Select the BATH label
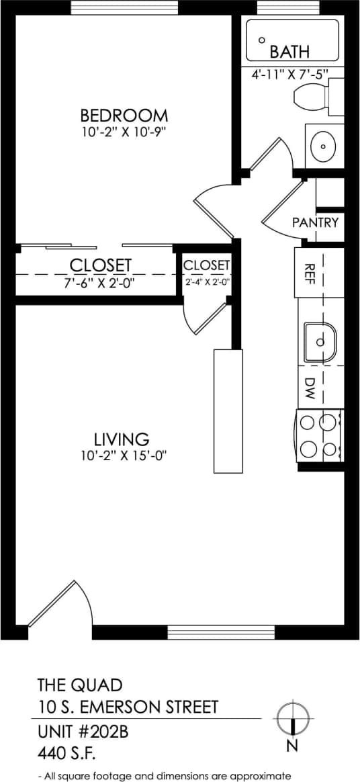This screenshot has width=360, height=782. tap(289, 52)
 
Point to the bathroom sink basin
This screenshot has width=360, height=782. tap(325, 145)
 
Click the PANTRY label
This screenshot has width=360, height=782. tap(315, 222)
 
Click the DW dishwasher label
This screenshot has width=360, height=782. tap(310, 388)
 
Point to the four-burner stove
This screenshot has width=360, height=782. tap(318, 435)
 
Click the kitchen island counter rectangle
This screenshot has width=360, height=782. tap(227, 410)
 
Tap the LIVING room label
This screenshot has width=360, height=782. tap(121, 439)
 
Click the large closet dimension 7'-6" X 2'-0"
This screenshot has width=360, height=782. tap(99, 283)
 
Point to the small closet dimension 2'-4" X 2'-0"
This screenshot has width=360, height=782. tap(208, 282)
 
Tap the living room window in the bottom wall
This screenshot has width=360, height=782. tap(220, 632)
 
